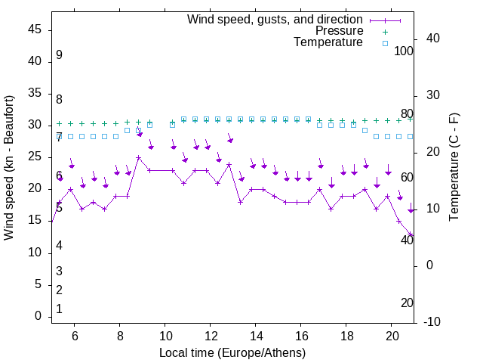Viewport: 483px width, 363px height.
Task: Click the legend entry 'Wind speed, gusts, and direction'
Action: click(275, 19)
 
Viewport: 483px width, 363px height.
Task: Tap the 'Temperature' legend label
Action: click(328, 42)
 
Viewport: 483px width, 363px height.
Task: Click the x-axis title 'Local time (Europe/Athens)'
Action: click(232, 353)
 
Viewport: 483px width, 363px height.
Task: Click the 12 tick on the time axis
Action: click(211, 335)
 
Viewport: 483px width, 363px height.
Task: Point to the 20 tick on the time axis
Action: click(392, 335)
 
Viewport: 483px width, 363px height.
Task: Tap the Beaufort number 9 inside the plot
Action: click(59, 55)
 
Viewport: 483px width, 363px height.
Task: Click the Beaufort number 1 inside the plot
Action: click(59, 309)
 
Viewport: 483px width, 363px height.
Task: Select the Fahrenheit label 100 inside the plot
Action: click(405, 51)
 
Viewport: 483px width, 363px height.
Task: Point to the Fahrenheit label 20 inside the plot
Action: click(407, 302)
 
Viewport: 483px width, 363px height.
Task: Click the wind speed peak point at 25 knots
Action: click(139, 158)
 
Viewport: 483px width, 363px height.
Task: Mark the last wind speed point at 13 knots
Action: click(411, 234)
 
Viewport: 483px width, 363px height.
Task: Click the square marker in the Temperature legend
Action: click(384, 43)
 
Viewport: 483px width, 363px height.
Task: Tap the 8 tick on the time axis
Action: click(119, 335)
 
